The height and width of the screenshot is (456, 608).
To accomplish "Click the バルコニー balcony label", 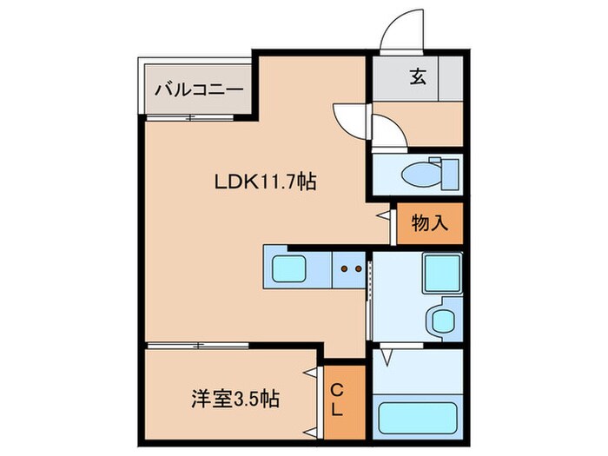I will [x=196, y=88].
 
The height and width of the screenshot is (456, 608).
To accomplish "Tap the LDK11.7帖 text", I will [x=265, y=182].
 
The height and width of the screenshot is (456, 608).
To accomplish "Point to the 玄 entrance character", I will [x=418, y=77].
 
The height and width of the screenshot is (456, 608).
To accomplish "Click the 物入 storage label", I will [x=429, y=223].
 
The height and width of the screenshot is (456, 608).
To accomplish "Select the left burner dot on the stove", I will [x=344, y=269].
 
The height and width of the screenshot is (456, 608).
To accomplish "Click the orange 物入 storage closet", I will [x=429, y=224].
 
